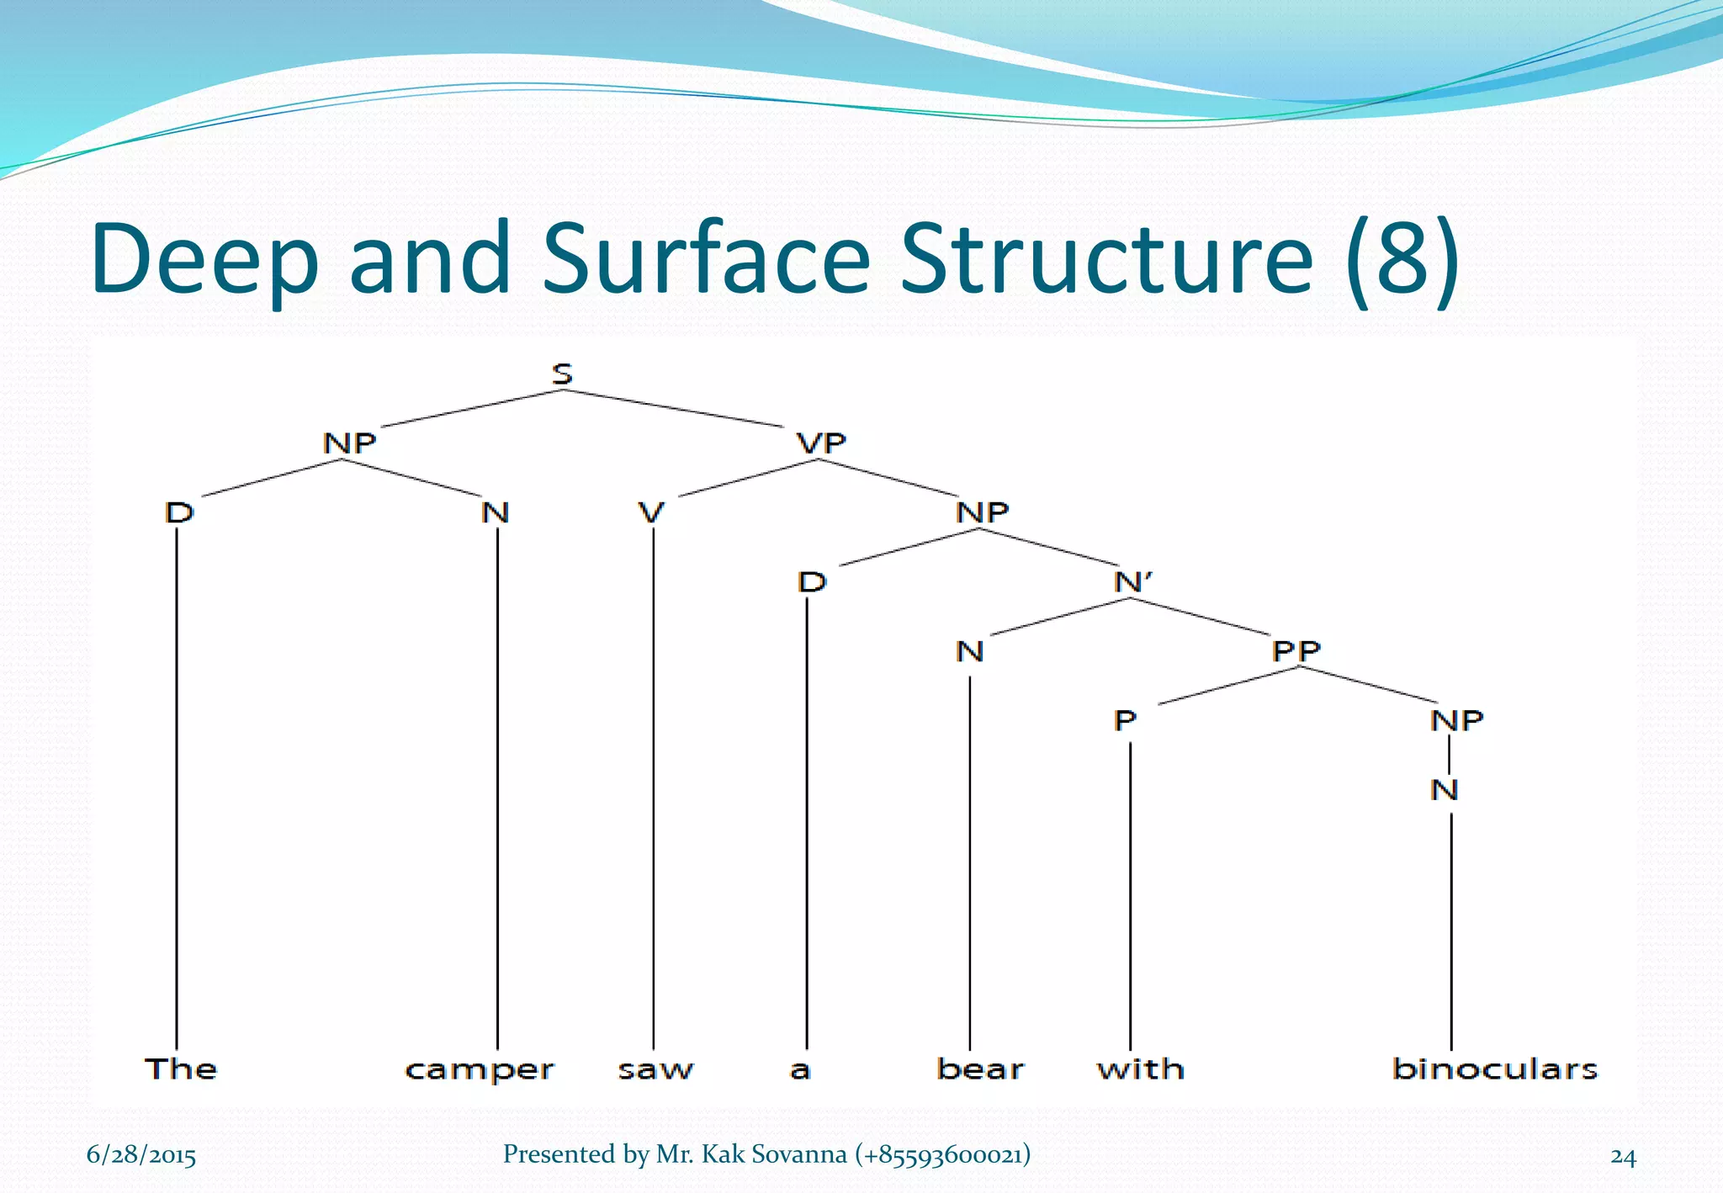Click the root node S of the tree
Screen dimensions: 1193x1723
(562, 374)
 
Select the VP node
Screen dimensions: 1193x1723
(821, 443)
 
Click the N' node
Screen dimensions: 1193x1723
(1133, 581)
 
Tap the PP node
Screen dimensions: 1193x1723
(1296, 650)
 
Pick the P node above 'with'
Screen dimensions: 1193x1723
(1126, 720)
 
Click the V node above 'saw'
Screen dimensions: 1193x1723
(651, 512)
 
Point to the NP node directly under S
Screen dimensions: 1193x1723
(349, 443)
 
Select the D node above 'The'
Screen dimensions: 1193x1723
(179, 512)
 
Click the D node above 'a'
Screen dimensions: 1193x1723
(812, 581)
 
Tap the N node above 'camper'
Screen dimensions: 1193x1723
(496, 512)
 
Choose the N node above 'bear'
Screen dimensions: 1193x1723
(970, 650)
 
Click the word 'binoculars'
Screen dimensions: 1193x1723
(1494, 1068)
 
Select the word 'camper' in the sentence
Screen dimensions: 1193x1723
(480, 1070)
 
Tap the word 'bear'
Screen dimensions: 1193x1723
(980, 1068)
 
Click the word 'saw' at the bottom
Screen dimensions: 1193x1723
(655, 1070)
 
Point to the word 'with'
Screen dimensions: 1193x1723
(1141, 1068)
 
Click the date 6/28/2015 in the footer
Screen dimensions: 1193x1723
(141, 1155)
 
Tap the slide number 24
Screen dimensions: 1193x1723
(1623, 1157)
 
